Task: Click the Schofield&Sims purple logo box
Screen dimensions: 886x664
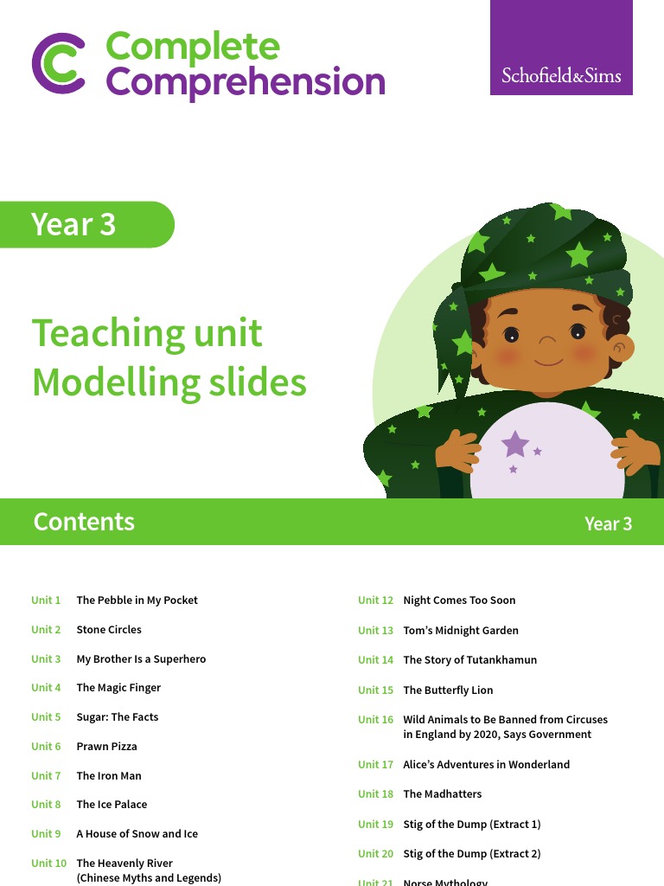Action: (x=561, y=48)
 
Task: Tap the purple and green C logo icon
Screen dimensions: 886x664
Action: (x=59, y=63)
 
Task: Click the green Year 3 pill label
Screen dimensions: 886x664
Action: (x=86, y=224)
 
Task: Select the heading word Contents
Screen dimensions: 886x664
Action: (x=84, y=522)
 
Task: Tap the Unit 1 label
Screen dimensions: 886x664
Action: (x=46, y=600)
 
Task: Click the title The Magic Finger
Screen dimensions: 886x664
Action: (x=118, y=688)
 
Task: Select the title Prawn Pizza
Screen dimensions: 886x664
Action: (x=106, y=747)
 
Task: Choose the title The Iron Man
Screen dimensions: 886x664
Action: (x=109, y=776)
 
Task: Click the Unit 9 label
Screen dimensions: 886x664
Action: (x=46, y=834)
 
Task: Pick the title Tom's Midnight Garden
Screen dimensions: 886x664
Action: (x=461, y=631)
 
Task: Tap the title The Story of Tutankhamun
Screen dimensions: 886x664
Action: (x=469, y=660)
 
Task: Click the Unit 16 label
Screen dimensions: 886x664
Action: (x=375, y=720)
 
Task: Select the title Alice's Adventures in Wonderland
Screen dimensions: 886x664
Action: (x=486, y=765)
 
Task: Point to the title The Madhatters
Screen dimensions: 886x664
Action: (x=442, y=794)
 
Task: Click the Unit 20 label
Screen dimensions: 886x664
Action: (x=375, y=854)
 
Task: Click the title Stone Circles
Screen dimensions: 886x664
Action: (x=109, y=630)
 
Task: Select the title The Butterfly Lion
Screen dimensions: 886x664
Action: (x=448, y=690)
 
